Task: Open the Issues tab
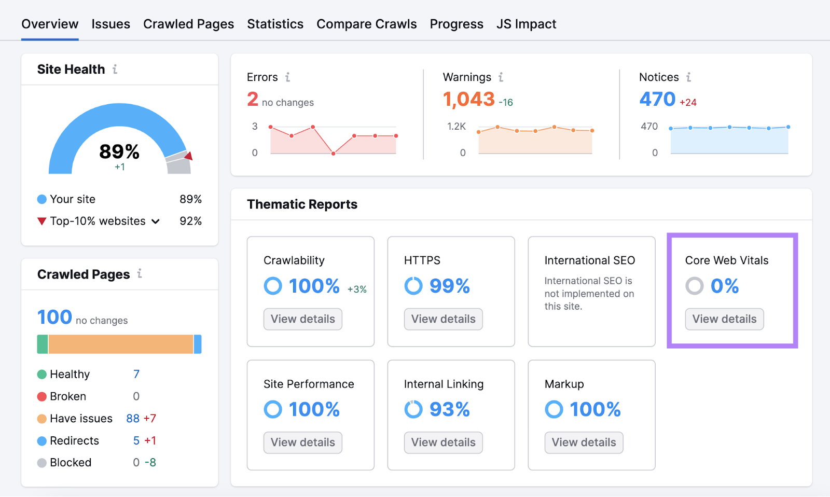tap(110, 24)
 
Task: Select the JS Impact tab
tap(526, 24)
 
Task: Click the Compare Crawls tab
tap(366, 24)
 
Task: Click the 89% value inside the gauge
tap(119, 151)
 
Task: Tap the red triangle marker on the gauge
tap(189, 156)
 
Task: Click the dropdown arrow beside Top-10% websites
tap(156, 222)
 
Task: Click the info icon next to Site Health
tap(115, 69)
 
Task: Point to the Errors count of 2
tap(253, 99)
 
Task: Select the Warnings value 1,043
tap(468, 99)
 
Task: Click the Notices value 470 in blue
tap(657, 99)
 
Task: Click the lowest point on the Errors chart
tap(333, 154)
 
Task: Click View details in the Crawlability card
tap(303, 319)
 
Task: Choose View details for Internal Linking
tap(443, 443)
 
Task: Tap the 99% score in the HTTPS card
tap(449, 286)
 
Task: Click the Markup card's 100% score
tap(595, 409)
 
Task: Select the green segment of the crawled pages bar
tap(43, 344)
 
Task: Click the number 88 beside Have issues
tap(133, 419)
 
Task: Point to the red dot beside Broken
tap(42, 397)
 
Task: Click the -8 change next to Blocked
tap(150, 463)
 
